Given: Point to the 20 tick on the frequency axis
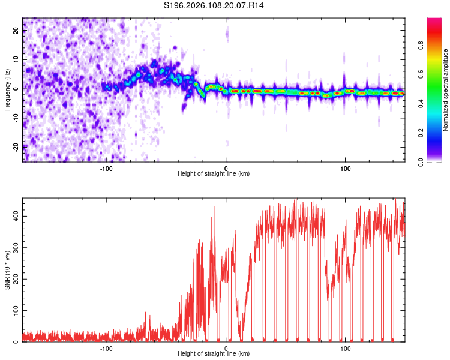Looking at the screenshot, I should pos(16,32).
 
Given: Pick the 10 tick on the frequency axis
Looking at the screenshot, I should pos(16,60).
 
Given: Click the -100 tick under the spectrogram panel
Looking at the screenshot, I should pos(106,169).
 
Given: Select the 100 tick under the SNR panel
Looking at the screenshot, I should pos(345,349).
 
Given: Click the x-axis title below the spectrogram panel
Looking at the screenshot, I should pos(214,174).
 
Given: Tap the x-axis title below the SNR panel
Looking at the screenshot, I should pos(214,354).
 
